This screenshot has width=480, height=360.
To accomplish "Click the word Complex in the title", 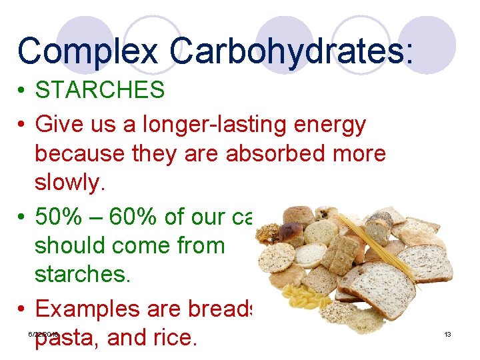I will click(88, 51).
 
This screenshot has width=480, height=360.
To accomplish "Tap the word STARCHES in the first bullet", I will click(100, 90).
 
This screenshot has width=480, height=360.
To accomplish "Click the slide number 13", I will click(448, 334).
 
